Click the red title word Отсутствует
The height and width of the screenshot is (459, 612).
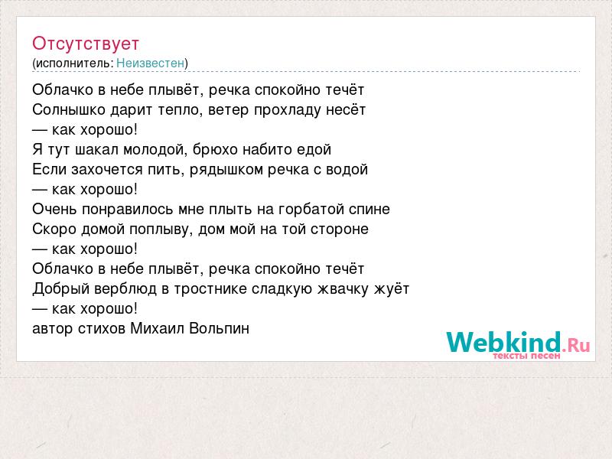[86, 44]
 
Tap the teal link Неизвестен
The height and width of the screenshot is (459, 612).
[150, 63]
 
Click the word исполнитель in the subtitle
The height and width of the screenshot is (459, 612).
[73, 63]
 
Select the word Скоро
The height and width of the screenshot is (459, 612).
[55, 229]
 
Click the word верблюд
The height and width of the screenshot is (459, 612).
[125, 289]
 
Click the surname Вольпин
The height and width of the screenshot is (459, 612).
[219, 329]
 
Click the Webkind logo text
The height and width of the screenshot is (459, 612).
[503, 342]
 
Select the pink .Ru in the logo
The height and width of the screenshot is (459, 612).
[576, 345]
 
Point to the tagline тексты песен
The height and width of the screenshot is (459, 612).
[526, 356]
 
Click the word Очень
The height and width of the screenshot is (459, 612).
[54, 209]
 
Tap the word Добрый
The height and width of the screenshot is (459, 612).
[61, 289]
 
